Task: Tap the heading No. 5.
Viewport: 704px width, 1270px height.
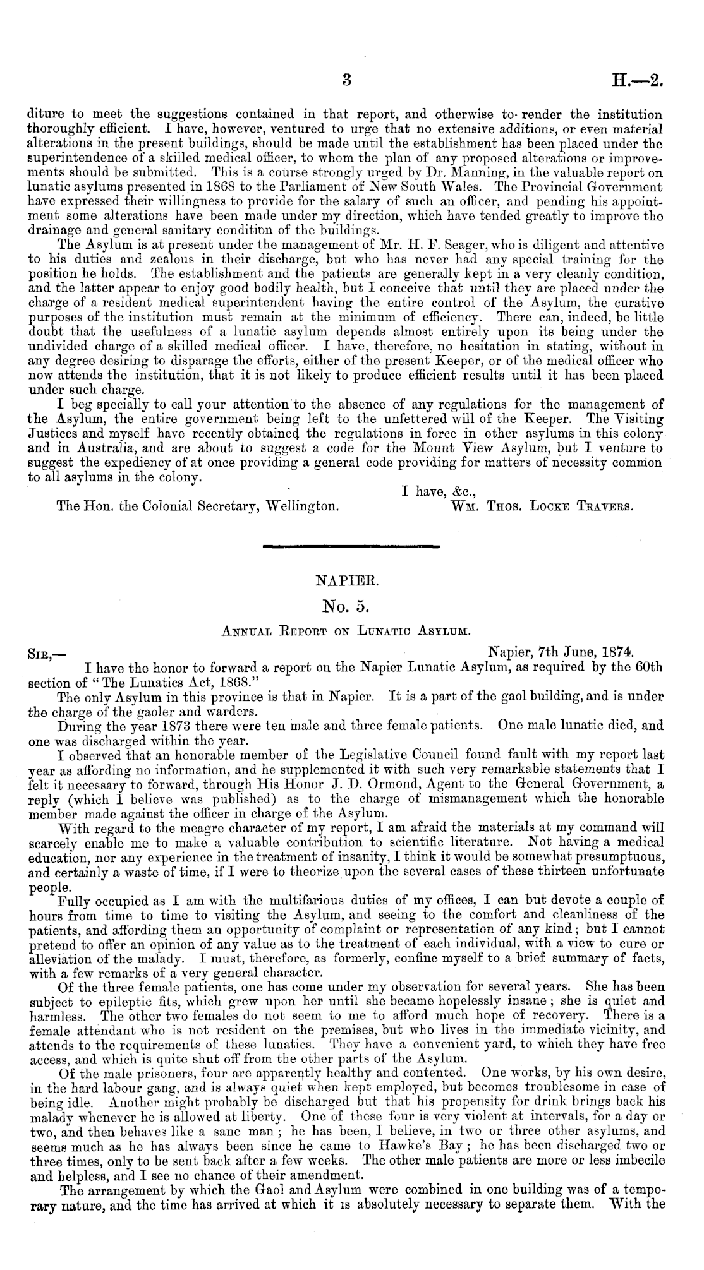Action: [350, 608]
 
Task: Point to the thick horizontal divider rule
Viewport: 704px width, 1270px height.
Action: [351, 546]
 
